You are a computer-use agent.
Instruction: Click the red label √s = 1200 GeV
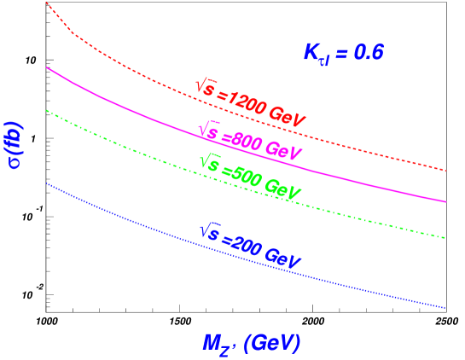(x=250, y=104)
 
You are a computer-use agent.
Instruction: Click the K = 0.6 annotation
(x=343, y=53)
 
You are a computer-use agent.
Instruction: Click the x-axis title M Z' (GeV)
(x=252, y=344)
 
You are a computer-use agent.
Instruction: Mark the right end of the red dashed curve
(x=446, y=171)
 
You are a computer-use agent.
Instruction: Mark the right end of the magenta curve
(x=446, y=202)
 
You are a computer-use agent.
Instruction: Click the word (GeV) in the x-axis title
(x=272, y=343)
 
